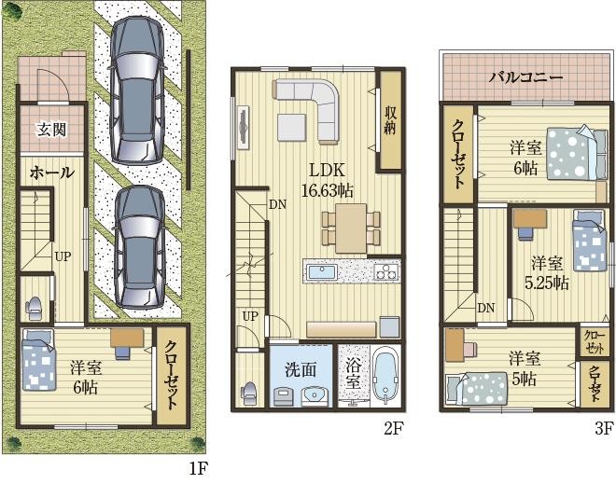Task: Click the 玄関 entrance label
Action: coord(52,129)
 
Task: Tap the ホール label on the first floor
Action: coord(52,173)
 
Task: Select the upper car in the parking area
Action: coord(136,91)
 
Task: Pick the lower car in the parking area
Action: coord(139,247)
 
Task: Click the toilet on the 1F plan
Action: coord(35,308)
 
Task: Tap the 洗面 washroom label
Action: coord(301,369)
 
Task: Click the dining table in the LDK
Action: coord(351,228)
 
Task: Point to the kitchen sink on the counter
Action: coord(322,271)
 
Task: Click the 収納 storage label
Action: coord(390,120)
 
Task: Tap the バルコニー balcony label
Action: coord(525,76)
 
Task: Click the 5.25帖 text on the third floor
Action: coord(546,283)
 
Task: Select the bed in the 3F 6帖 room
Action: coord(577,153)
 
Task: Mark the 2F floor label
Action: coord(393,428)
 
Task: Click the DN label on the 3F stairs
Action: coord(486,308)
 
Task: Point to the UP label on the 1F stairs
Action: coord(63,256)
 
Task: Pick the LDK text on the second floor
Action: coord(327,170)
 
